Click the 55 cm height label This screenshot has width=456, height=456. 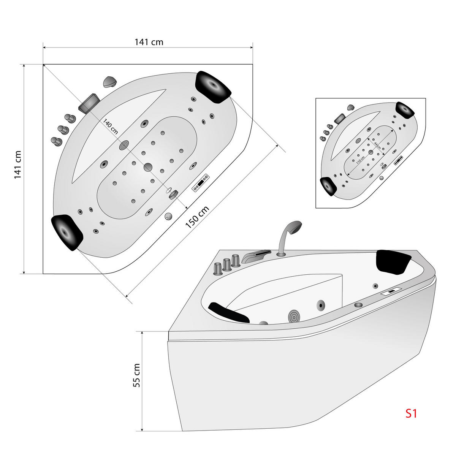coord(137,375)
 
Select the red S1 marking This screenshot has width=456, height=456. coord(410,413)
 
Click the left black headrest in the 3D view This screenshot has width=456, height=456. coord(228,312)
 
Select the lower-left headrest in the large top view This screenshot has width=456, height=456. coord(67,232)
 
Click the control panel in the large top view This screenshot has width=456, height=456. coord(201,182)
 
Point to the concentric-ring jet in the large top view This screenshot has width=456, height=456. coord(124,145)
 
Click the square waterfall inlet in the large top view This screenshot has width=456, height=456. coord(89,103)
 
